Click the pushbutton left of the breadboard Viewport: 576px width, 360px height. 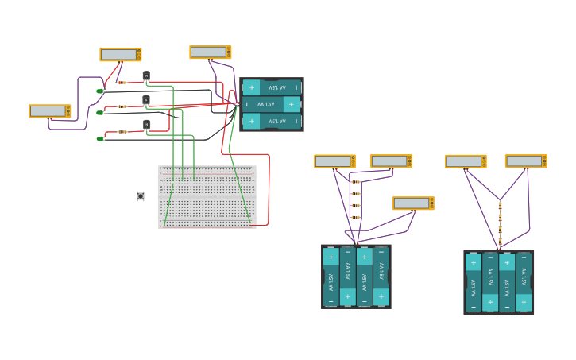tap(141, 195)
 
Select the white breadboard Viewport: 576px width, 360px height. tap(207, 197)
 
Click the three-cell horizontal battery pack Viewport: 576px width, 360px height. tap(272, 104)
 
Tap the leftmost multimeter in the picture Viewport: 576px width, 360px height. tap(49, 111)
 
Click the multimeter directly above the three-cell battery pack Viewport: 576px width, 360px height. tap(210, 52)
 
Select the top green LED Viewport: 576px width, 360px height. tap(100, 91)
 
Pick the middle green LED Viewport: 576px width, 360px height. tap(100, 113)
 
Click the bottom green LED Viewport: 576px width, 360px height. tap(100, 138)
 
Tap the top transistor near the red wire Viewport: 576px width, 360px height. tap(146, 76)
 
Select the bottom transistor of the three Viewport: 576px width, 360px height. tap(146, 125)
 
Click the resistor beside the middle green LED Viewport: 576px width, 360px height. tap(122, 106)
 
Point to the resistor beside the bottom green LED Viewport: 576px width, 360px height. tap(122, 132)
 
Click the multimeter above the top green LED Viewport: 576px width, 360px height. tap(120, 55)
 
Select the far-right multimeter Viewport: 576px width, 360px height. tap(525, 161)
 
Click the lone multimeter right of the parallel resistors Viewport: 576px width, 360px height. tap(412, 203)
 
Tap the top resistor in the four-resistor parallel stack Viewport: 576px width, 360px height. tap(355, 182)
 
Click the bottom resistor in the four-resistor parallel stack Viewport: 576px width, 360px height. tap(355, 217)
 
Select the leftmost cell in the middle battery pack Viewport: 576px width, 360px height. tap(331, 277)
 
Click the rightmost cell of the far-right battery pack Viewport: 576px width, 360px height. tap(524, 282)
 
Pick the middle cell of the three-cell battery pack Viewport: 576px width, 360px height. tap(272, 104)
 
